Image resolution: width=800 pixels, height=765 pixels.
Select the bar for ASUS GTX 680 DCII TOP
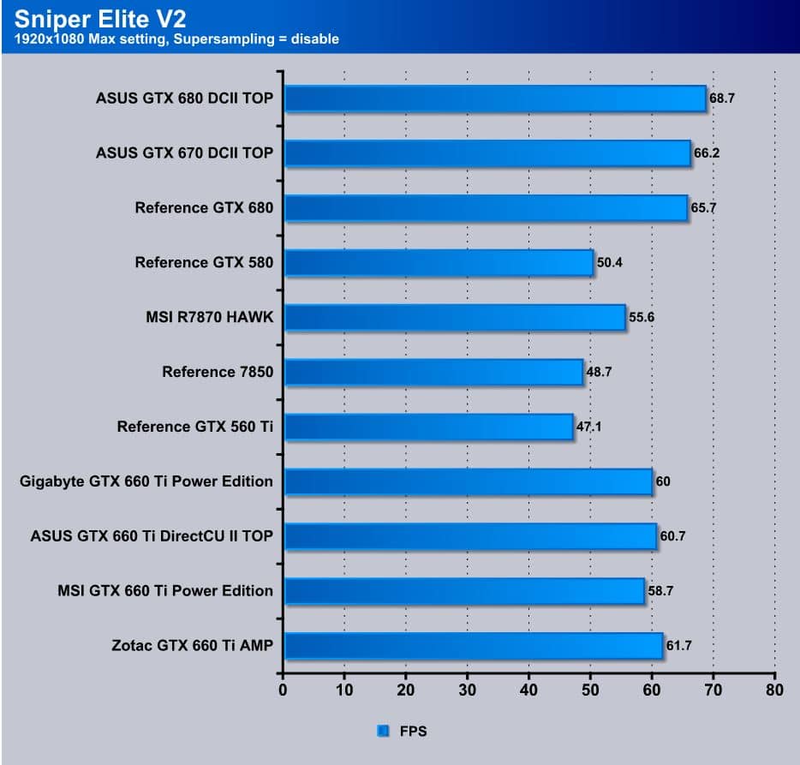(495, 99)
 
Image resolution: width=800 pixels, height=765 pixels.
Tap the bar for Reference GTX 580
(439, 263)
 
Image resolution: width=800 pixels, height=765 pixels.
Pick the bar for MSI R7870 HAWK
(455, 318)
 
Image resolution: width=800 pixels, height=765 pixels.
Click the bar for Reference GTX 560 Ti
(428, 427)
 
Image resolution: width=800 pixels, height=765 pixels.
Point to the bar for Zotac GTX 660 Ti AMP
(473, 646)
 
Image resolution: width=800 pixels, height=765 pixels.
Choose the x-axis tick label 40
(528, 690)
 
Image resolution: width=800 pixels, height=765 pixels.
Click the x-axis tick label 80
(774, 690)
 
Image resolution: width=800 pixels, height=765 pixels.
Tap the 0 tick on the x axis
(284, 690)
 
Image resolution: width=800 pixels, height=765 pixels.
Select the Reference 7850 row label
(218, 372)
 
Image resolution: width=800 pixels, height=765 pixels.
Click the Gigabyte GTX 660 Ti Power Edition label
(146, 481)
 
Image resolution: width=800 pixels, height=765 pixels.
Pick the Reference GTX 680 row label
(204, 208)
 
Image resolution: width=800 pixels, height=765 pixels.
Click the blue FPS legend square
(382, 732)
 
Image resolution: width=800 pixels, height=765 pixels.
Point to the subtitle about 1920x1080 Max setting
(176, 39)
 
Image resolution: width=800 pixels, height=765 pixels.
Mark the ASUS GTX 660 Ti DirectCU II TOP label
(152, 536)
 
